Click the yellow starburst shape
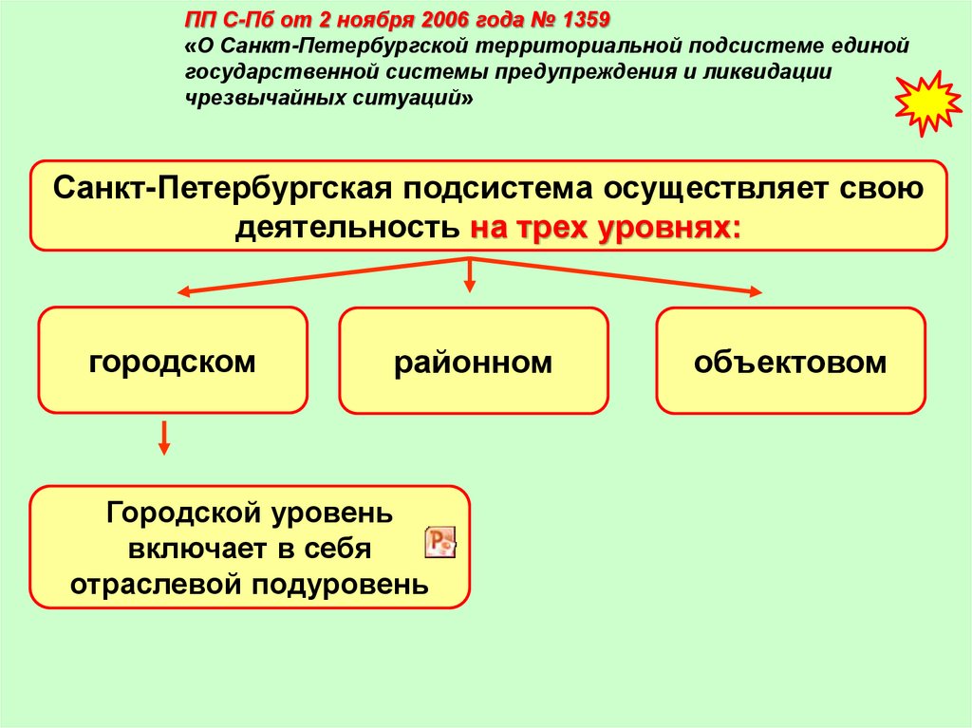pyautogui.click(x=928, y=102)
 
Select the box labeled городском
pyautogui.click(x=173, y=360)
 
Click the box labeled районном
pyautogui.click(x=473, y=361)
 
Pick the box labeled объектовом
pyautogui.click(x=790, y=361)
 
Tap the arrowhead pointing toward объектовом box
pyautogui.click(x=753, y=291)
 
